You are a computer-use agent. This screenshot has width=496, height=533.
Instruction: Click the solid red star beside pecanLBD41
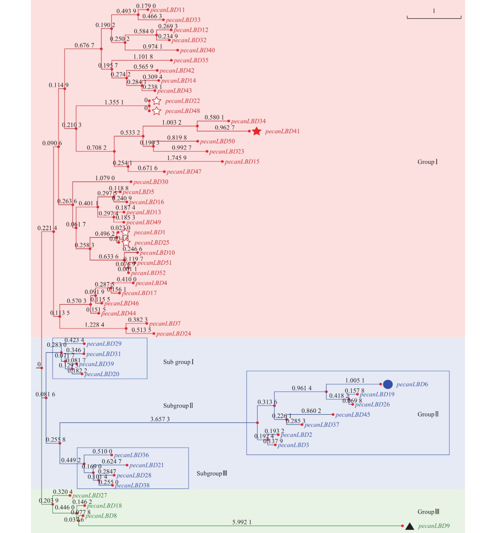point(256,131)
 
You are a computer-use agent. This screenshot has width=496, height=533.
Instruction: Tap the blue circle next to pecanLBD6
point(388,384)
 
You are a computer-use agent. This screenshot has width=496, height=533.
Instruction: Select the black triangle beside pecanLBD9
point(410,526)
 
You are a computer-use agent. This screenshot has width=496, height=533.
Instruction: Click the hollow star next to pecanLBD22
point(156,101)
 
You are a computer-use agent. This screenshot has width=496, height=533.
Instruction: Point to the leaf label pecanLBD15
point(242,162)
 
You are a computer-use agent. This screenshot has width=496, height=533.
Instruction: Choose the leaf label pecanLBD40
point(197,50)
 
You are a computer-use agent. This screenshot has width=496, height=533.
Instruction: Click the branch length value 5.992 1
point(242,522)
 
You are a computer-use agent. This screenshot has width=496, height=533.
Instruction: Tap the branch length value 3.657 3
point(160,419)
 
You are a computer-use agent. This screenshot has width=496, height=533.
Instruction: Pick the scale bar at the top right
point(434,17)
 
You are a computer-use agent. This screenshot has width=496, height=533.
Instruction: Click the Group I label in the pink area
point(427,162)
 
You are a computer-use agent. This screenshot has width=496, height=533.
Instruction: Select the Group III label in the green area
point(428,512)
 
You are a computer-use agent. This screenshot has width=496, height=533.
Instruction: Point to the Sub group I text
point(178,362)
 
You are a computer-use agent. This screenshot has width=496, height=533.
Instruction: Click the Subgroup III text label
point(212,473)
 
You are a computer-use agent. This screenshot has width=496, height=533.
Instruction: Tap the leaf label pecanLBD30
point(151,182)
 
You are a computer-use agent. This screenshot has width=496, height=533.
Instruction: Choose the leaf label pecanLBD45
point(353,415)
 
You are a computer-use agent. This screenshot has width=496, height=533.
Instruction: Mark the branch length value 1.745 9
point(177,158)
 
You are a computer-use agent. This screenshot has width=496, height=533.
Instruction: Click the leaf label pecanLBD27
point(90,496)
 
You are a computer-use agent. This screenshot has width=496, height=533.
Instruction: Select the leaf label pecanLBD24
point(173,334)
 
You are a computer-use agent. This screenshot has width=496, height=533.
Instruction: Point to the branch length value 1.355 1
point(114,102)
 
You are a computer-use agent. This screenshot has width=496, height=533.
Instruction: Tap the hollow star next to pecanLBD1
point(125,232)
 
